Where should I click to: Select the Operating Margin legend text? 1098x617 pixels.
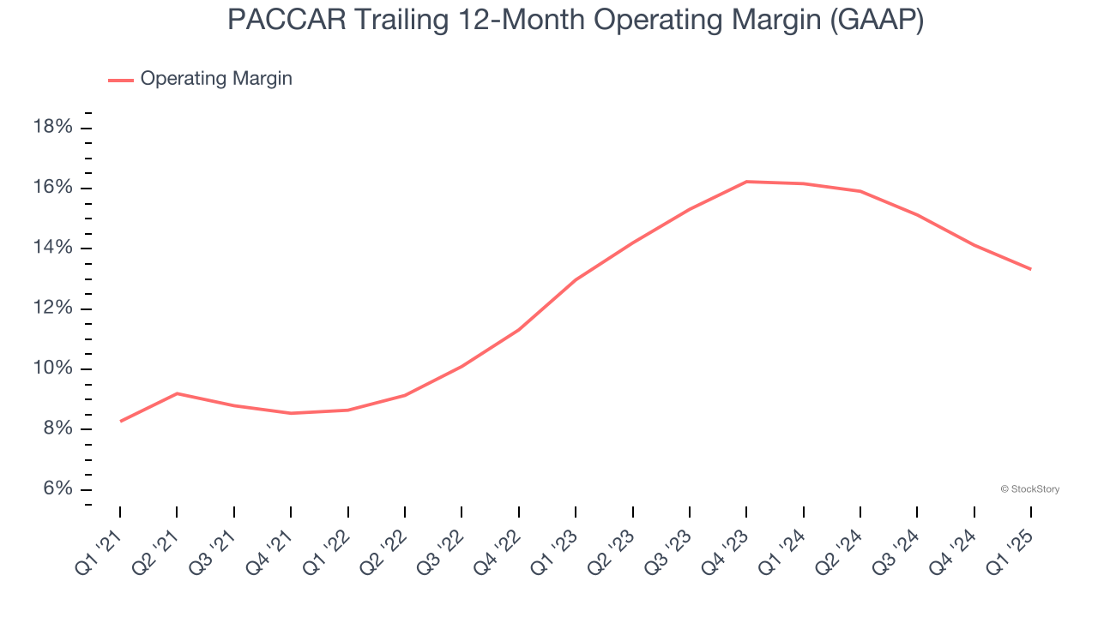tap(216, 79)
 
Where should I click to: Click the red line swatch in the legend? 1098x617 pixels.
tap(121, 80)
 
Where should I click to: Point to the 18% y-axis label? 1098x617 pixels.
tap(53, 128)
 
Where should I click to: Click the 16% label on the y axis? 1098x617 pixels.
tap(53, 188)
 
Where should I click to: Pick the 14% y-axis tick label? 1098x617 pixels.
tap(53, 249)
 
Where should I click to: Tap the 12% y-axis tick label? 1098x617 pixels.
tap(53, 308)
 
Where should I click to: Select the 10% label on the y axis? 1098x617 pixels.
tap(53, 368)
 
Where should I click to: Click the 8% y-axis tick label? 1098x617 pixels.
tap(57, 429)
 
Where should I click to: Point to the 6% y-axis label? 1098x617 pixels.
tap(57, 489)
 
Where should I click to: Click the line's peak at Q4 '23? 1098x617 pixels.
tap(746, 182)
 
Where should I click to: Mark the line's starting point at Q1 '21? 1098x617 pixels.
tap(120, 421)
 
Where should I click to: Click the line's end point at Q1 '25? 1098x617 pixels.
tap(1031, 269)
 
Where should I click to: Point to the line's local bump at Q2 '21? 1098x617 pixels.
tap(177, 393)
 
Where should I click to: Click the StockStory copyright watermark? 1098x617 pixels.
tap(1029, 489)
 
